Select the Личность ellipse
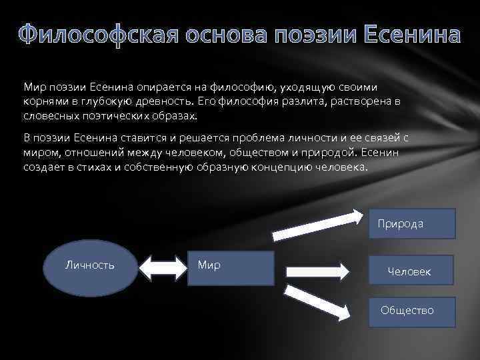tap(89, 265)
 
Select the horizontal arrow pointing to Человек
tap(317, 271)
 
